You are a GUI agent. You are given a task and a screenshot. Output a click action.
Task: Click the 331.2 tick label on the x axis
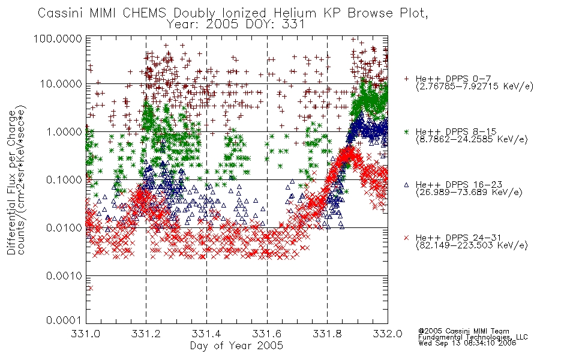(146, 334)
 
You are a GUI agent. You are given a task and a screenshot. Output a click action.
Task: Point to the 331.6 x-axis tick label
(267, 334)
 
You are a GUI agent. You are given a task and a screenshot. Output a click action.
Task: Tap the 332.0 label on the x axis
(388, 334)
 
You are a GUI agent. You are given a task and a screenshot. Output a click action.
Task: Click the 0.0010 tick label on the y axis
(64, 276)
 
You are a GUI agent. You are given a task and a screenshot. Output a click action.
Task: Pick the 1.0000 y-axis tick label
(64, 132)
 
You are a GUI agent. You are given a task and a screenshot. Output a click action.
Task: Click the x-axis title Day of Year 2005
(236, 346)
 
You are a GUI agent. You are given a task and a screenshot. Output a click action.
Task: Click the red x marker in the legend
(406, 238)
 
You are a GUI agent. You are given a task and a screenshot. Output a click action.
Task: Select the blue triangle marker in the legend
(406, 185)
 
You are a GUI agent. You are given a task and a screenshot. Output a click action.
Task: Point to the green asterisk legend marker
(406, 131)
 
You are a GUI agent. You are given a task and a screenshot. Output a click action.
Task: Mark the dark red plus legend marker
(406, 79)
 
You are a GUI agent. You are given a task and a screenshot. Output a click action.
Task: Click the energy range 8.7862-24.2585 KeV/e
(472, 139)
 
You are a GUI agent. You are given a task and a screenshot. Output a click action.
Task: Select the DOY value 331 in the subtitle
(293, 25)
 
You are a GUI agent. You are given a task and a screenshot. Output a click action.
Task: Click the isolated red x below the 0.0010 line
(91, 288)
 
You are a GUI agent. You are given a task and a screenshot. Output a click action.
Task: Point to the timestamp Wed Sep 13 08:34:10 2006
(467, 343)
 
